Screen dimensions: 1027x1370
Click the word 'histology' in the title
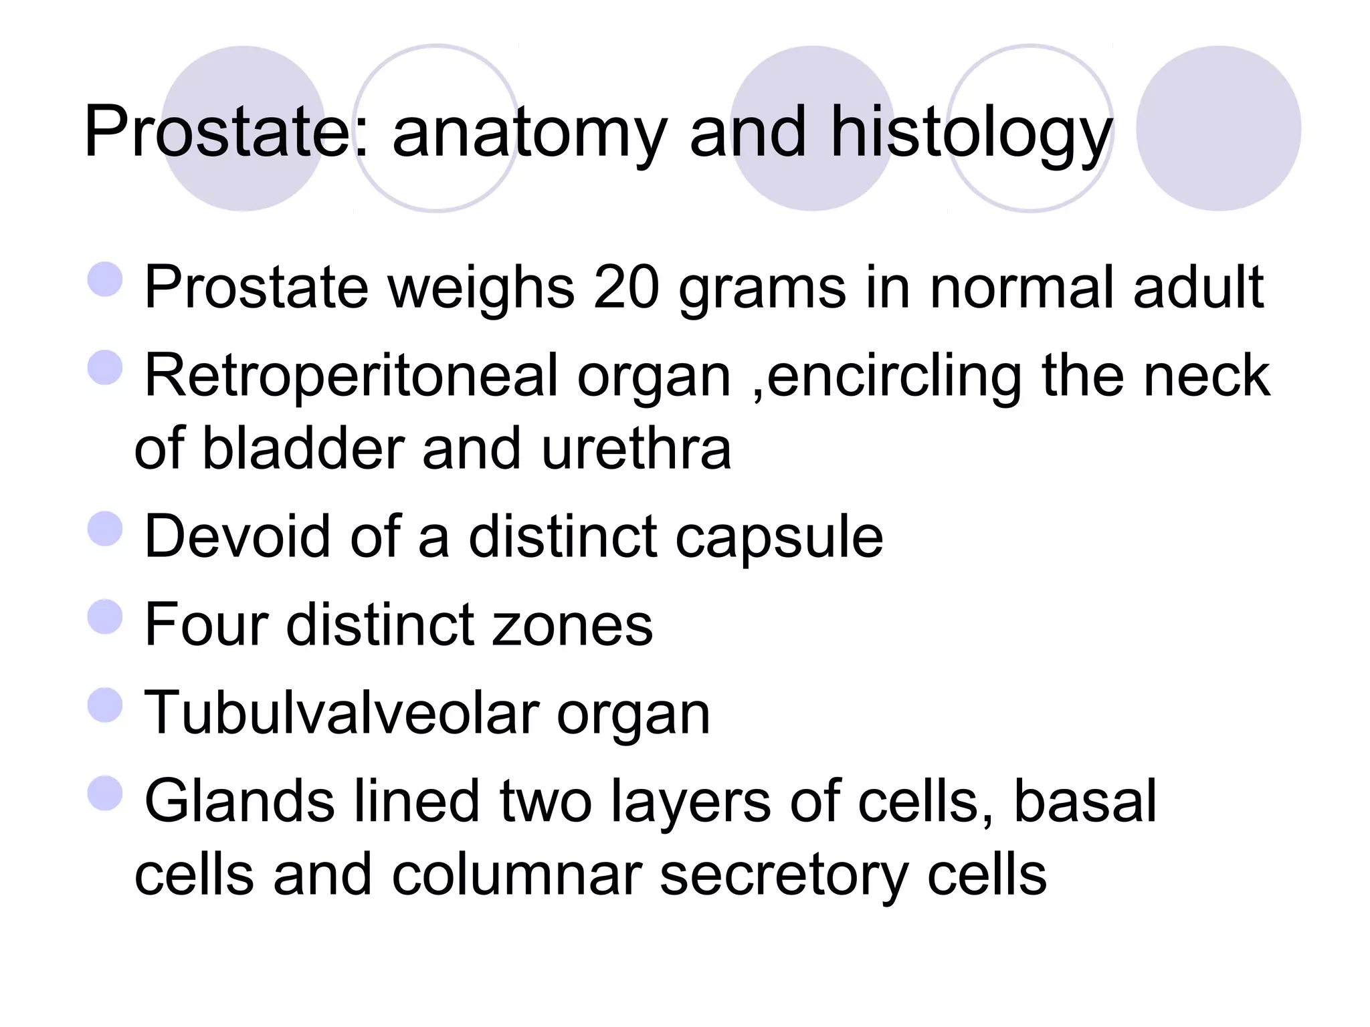tap(971, 134)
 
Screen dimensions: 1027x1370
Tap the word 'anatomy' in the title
tap(529, 134)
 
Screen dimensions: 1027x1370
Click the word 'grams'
tap(762, 290)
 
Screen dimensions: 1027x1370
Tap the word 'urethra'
tap(636, 449)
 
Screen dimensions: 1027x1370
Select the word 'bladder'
tap(302, 449)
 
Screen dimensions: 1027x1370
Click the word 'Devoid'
tap(237, 536)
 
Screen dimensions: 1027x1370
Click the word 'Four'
tap(205, 624)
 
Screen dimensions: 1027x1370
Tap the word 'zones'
tap(572, 626)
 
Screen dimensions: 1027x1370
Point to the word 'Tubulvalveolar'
tap(342, 713)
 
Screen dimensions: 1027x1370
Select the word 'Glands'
tap(239, 801)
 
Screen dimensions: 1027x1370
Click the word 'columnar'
tap(516, 875)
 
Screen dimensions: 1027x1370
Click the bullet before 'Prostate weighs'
tap(106, 279)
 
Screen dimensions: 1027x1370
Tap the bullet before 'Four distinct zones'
tap(106, 616)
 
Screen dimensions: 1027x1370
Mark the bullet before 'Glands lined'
tap(106, 793)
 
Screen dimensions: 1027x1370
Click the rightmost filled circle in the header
tap(1218, 128)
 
